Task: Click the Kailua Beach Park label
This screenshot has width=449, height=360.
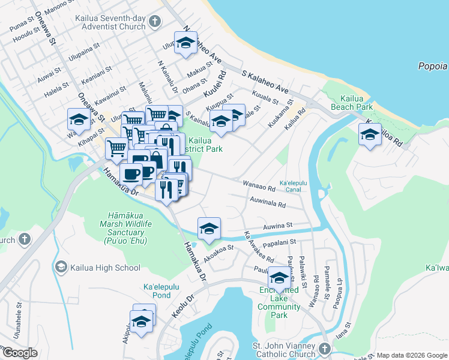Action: click(351, 103)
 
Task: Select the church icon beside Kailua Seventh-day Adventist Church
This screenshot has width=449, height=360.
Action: click(155, 22)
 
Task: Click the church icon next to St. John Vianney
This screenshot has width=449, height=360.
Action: click(324, 349)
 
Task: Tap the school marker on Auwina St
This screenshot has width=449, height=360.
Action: click(209, 228)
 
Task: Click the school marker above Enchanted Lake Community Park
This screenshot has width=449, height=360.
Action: click(279, 277)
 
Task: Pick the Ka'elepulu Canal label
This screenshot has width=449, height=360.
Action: click(294, 186)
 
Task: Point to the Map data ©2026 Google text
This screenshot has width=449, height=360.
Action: click(411, 355)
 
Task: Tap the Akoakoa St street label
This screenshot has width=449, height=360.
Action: click(218, 249)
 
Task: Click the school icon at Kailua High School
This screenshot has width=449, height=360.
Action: click(61, 266)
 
